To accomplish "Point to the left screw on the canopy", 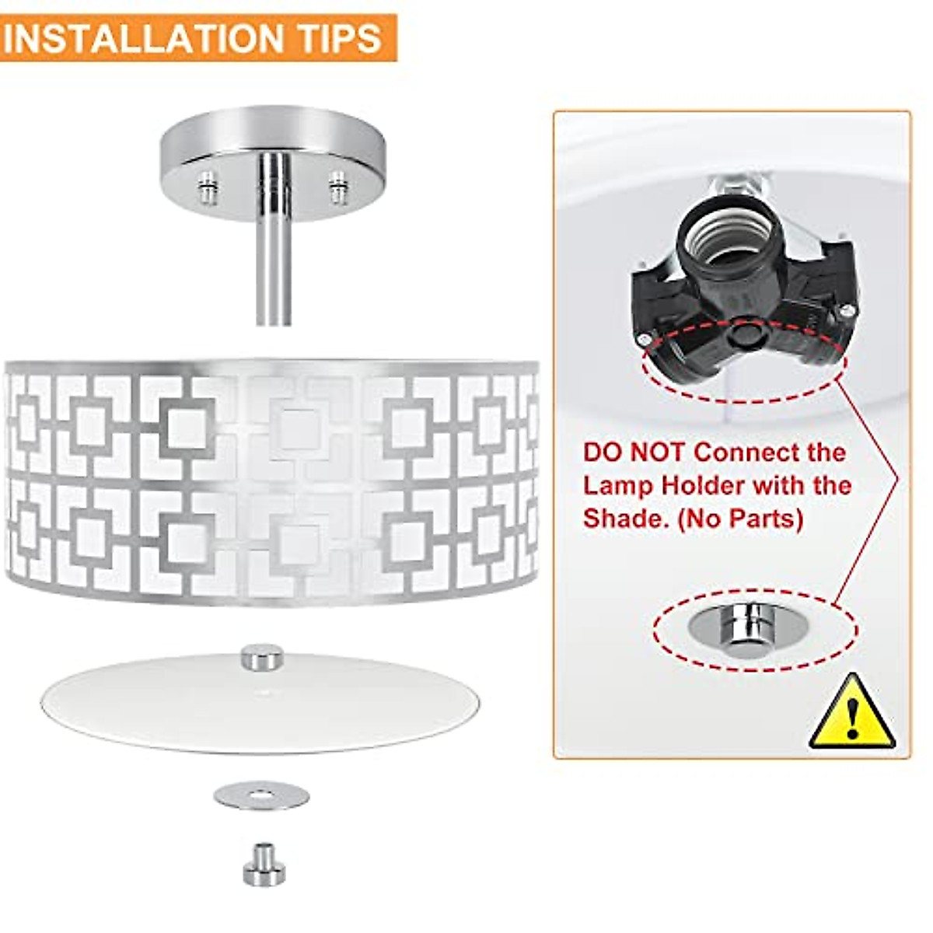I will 207,187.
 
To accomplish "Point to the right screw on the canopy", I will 337,187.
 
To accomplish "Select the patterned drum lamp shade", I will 272,482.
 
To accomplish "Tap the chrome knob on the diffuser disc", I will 262,657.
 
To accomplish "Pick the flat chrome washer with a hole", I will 261,795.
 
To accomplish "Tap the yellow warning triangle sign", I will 853,714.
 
